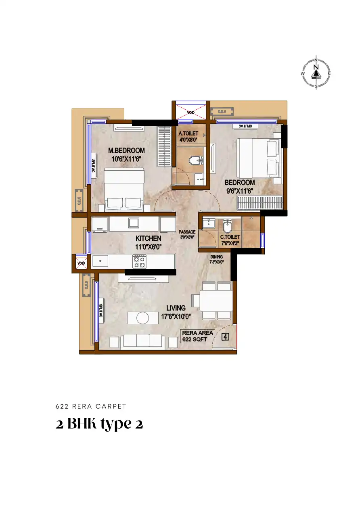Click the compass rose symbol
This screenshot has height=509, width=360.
pos(316,73)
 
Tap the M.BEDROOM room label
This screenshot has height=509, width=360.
pos(126,150)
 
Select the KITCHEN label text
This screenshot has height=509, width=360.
pos(148,238)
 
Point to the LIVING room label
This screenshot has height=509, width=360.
pos(176,308)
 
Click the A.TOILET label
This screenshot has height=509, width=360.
pos(188,134)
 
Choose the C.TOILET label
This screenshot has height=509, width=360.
pos(230,237)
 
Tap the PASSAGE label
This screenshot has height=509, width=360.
pos(187,232)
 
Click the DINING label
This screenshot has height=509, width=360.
pos(216,257)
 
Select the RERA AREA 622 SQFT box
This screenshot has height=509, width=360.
pos(197,336)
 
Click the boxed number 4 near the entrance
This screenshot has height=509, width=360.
pos(225,337)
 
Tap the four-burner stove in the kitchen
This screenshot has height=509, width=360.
pos(139,261)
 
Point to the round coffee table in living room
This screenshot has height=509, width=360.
pos(142,318)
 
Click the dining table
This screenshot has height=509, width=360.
pos(216,300)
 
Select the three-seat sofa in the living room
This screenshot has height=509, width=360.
pos(143,341)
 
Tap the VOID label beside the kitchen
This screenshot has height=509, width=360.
pos(81,263)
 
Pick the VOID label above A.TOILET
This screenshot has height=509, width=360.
pos(191,112)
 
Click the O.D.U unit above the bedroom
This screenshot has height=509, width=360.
pos(222,112)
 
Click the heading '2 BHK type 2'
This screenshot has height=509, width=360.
pos(99,424)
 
